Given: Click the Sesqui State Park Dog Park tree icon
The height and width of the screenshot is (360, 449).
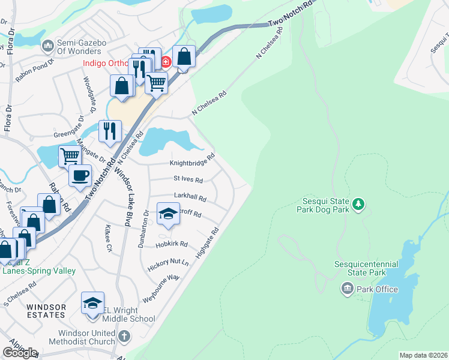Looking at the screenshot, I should [x=358, y=205].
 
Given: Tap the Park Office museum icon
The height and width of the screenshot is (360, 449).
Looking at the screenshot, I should [x=348, y=289].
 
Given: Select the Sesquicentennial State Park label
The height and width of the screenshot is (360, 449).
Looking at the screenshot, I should [x=369, y=268].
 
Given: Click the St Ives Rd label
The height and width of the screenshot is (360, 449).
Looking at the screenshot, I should [x=188, y=179].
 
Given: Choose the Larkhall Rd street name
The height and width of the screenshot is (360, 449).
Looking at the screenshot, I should [x=190, y=197].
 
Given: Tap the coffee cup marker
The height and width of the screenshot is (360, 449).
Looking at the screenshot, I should [x=80, y=176].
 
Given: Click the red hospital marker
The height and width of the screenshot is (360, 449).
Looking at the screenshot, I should [x=166, y=61].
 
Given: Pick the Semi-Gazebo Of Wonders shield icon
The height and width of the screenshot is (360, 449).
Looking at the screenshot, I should [x=47, y=45].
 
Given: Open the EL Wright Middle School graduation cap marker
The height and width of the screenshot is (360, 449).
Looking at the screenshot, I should [x=92, y=303].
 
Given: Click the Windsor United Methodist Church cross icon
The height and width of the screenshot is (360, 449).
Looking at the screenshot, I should [x=124, y=336].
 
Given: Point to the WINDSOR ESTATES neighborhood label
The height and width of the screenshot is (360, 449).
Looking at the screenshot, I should [x=46, y=311].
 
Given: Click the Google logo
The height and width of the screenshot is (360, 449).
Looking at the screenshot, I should [x=20, y=352].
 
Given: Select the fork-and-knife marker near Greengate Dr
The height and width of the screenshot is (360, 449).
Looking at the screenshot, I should [x=110, y=131].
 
